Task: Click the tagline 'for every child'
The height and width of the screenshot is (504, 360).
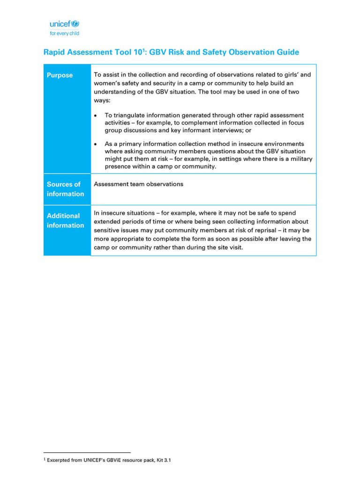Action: point(64,33)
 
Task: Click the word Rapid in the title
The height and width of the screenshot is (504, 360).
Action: point(54,53)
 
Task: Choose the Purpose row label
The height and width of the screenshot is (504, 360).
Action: point(60,75)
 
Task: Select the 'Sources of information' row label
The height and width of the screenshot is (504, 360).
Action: point(65,189)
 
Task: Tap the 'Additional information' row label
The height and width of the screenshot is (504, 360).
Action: point(65,220)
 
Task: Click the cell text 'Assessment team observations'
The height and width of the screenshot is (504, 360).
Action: point(138,184)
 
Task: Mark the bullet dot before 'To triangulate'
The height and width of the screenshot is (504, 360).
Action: point(96,115)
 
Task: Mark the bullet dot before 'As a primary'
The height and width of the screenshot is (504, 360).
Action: point(96,144)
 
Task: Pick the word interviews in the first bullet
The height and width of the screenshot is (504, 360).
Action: point(223,130)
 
